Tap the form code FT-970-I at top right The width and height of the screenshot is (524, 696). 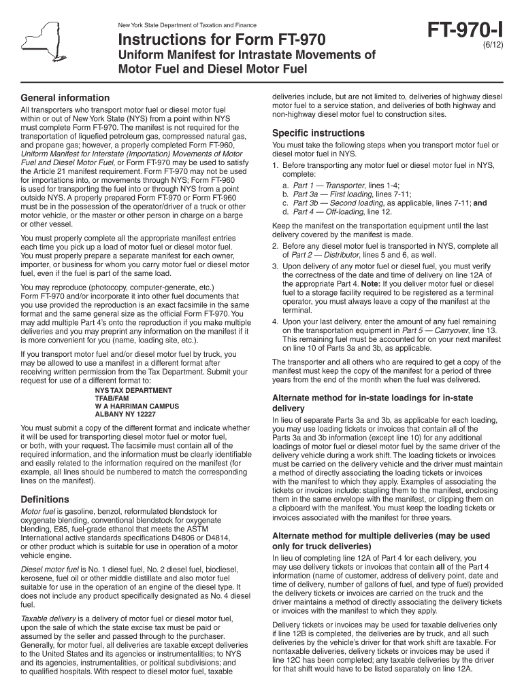(x=465, y=31)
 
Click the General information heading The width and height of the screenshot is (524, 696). (x=65, y=98)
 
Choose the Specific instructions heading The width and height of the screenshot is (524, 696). (x=318, y=133)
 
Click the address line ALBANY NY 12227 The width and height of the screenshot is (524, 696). (x=125, y=414)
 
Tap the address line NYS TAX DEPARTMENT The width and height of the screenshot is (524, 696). (x=133, y=391)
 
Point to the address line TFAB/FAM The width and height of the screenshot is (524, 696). (x=112, y=398)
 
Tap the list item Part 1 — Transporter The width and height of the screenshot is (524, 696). (x=329, y=185)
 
